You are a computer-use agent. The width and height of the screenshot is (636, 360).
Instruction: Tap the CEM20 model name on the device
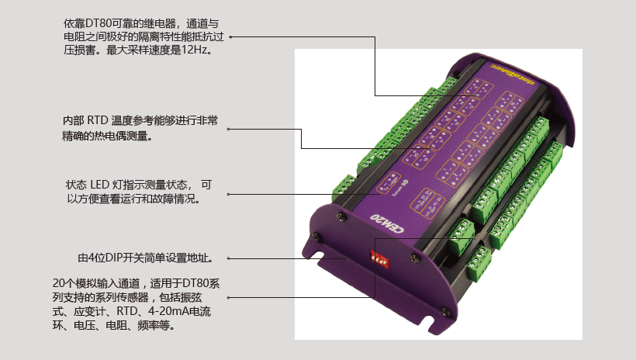385,223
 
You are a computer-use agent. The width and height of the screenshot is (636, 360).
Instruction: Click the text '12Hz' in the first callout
196,49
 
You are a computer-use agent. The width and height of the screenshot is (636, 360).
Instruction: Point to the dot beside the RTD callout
231,129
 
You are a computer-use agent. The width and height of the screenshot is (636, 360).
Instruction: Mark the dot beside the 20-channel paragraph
230,297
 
